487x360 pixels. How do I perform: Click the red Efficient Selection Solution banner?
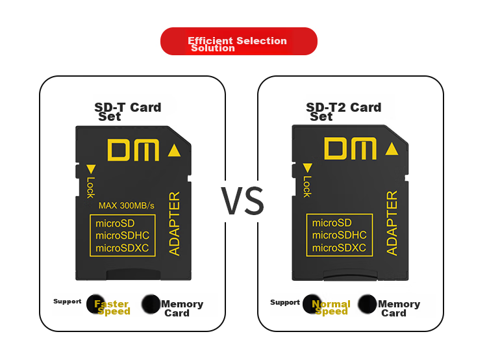pos(238,42)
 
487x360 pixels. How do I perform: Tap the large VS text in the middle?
pos(242,201)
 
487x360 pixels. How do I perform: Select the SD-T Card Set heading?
pos(128,112)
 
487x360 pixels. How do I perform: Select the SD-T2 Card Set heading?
pos(343,112)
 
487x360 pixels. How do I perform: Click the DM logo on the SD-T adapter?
pos(133,150)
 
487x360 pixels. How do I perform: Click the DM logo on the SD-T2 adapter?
pos(350,149)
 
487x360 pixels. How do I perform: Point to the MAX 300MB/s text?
pos(127,205)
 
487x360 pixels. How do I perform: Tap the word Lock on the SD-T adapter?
pos(90,187)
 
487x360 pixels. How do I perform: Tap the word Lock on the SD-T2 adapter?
pos(307,186)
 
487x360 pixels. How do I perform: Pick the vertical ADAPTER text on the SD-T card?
pos(174,224)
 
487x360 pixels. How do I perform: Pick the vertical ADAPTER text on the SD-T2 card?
pos(392,223)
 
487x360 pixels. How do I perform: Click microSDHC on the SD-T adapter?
pos(122,236)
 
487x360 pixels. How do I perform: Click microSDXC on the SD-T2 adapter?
pos(339,248)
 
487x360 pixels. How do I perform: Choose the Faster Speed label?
pos(112,307)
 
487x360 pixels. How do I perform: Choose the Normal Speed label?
pos(331,307)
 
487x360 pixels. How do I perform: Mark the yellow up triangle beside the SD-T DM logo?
pos(174,150)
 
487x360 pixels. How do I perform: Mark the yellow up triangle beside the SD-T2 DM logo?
pos(392,149)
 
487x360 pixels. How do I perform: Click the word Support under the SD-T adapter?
pos(67,302)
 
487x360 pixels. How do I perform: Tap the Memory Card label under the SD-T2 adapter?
pos(399,308)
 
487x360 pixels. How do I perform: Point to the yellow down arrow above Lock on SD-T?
pos(91,169)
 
